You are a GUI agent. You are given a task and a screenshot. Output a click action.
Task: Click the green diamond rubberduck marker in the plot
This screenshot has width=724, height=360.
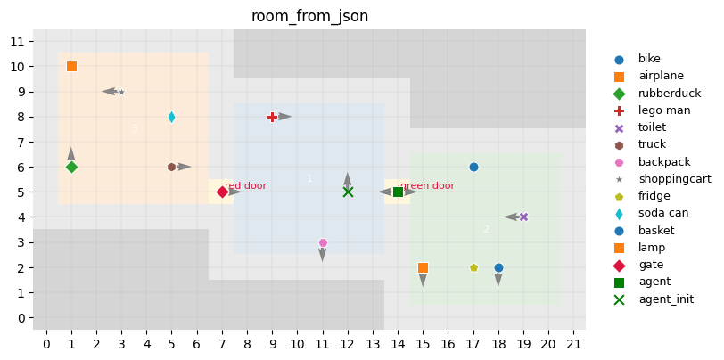click(x=71, y=167)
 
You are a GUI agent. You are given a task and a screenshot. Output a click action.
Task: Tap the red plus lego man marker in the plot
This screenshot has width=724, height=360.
click(x=272, y=117)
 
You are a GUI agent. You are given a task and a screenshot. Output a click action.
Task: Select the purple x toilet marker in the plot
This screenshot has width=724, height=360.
click(x=523, y=217)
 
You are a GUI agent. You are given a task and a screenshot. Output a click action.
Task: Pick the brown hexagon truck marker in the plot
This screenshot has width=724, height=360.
click(x=171, y=167)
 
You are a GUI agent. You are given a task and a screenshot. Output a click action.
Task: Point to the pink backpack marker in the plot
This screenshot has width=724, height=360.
click(x=323, y=242)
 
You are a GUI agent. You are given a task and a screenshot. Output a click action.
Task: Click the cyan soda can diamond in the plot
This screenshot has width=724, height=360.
click(x=171, y=117)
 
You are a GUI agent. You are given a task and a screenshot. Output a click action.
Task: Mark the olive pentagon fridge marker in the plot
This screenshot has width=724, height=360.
click(x=473, y=267)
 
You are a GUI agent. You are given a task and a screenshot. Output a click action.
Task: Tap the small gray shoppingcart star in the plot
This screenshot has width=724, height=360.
click(x=121, y=92)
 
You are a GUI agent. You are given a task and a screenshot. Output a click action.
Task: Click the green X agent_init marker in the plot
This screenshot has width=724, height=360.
click(x=348, y=192)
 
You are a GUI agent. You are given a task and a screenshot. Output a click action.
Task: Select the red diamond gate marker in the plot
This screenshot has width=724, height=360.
click(x=222, y=192)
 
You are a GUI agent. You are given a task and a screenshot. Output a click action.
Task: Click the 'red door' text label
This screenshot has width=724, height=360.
click(x=245, y=186)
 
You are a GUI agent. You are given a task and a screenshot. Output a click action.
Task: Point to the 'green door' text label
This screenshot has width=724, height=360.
click(x=427, y=186)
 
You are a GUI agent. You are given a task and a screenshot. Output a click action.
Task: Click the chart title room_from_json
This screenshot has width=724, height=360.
click(x=309, y=16)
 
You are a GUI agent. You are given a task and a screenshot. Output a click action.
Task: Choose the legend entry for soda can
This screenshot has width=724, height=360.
click(x=662, y=213)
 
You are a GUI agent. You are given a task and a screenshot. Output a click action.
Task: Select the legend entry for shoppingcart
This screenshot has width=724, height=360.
click(x=674, y=179)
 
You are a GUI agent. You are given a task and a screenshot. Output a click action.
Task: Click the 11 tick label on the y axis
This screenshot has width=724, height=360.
click(x=17, y=41)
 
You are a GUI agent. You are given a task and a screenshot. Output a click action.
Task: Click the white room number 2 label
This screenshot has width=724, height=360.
click(x=486, y=230)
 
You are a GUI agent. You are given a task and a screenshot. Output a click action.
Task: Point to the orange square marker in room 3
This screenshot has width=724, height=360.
click(x=71, y=66)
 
